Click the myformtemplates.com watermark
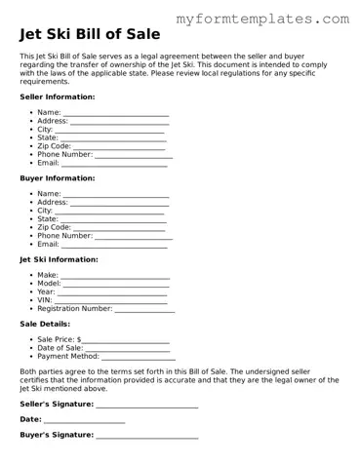tap(263, 19)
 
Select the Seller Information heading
tap(58, 97)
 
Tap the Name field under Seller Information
tap(116, 113)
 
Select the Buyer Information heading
tap(58, 178)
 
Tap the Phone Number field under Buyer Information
tap(134, 236)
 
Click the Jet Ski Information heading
tap(60, 259)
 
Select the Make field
tap(115, 276)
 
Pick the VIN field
tap(110, 300)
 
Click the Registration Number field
tap(145, 309)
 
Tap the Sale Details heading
tap(45, 324)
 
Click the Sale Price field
tap(127, 340)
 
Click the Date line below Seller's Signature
tap(85, 419)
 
